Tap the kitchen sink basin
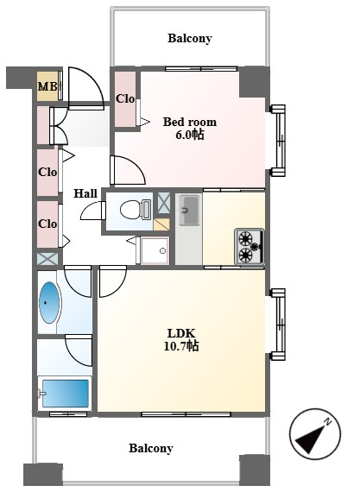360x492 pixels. (190, 210)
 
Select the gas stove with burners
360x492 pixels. (249, 247)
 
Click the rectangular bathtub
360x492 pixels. (66, 394)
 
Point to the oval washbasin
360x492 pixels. (49, 302)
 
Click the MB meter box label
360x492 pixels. (47, 86)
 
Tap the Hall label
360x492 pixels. (85, 193)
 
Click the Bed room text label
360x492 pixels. (190, 122)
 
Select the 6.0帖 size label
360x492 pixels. (190, 135)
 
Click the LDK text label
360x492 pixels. (181, 333)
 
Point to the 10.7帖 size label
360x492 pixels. (181, 346)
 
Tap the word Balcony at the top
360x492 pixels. (190, 38)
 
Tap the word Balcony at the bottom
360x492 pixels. (151, 448)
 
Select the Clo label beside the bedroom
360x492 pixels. (125, 99)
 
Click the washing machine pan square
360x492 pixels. (155, 250)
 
